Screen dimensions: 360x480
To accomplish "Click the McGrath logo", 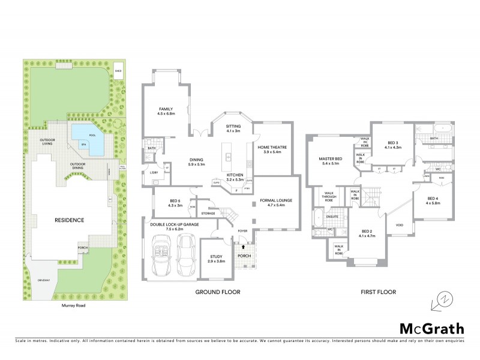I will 431,328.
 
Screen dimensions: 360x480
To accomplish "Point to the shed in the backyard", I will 119,70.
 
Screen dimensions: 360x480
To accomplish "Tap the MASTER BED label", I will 330,161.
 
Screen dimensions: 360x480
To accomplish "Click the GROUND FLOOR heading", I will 218,292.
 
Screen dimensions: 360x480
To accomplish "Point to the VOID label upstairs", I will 400,226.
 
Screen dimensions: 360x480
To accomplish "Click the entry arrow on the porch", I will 243,245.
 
